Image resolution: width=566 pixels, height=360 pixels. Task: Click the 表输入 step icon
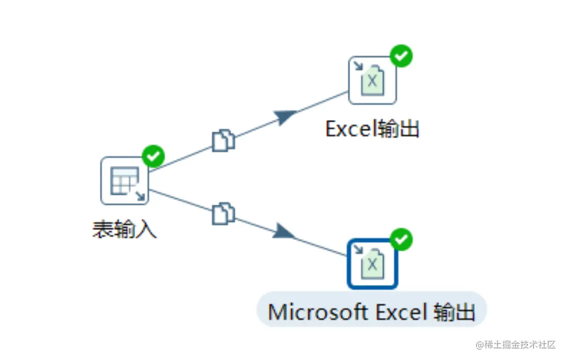124,180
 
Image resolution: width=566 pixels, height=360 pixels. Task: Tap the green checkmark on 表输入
153,156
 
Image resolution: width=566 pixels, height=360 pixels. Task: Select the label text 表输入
124,229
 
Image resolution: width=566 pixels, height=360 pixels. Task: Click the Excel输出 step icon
372,80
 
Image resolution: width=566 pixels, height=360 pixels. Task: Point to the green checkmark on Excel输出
401,56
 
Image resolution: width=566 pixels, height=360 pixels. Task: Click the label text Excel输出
372,128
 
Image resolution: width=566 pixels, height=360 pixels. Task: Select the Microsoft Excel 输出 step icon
372,264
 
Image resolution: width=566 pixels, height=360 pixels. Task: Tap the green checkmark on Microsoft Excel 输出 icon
401,239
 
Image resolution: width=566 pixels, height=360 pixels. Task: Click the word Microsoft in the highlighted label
318,312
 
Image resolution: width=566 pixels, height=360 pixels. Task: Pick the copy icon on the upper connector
223,140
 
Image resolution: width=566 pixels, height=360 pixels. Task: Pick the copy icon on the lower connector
223,213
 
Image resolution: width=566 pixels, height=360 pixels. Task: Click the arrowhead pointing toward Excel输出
285,116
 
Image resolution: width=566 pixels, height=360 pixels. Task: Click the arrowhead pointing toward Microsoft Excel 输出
284,231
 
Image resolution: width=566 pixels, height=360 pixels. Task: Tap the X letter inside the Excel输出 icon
372,81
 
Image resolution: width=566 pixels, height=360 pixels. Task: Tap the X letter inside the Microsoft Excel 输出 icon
372,264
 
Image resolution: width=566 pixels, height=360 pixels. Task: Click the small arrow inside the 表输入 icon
140,196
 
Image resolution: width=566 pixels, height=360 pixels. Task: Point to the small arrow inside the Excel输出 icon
358,66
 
